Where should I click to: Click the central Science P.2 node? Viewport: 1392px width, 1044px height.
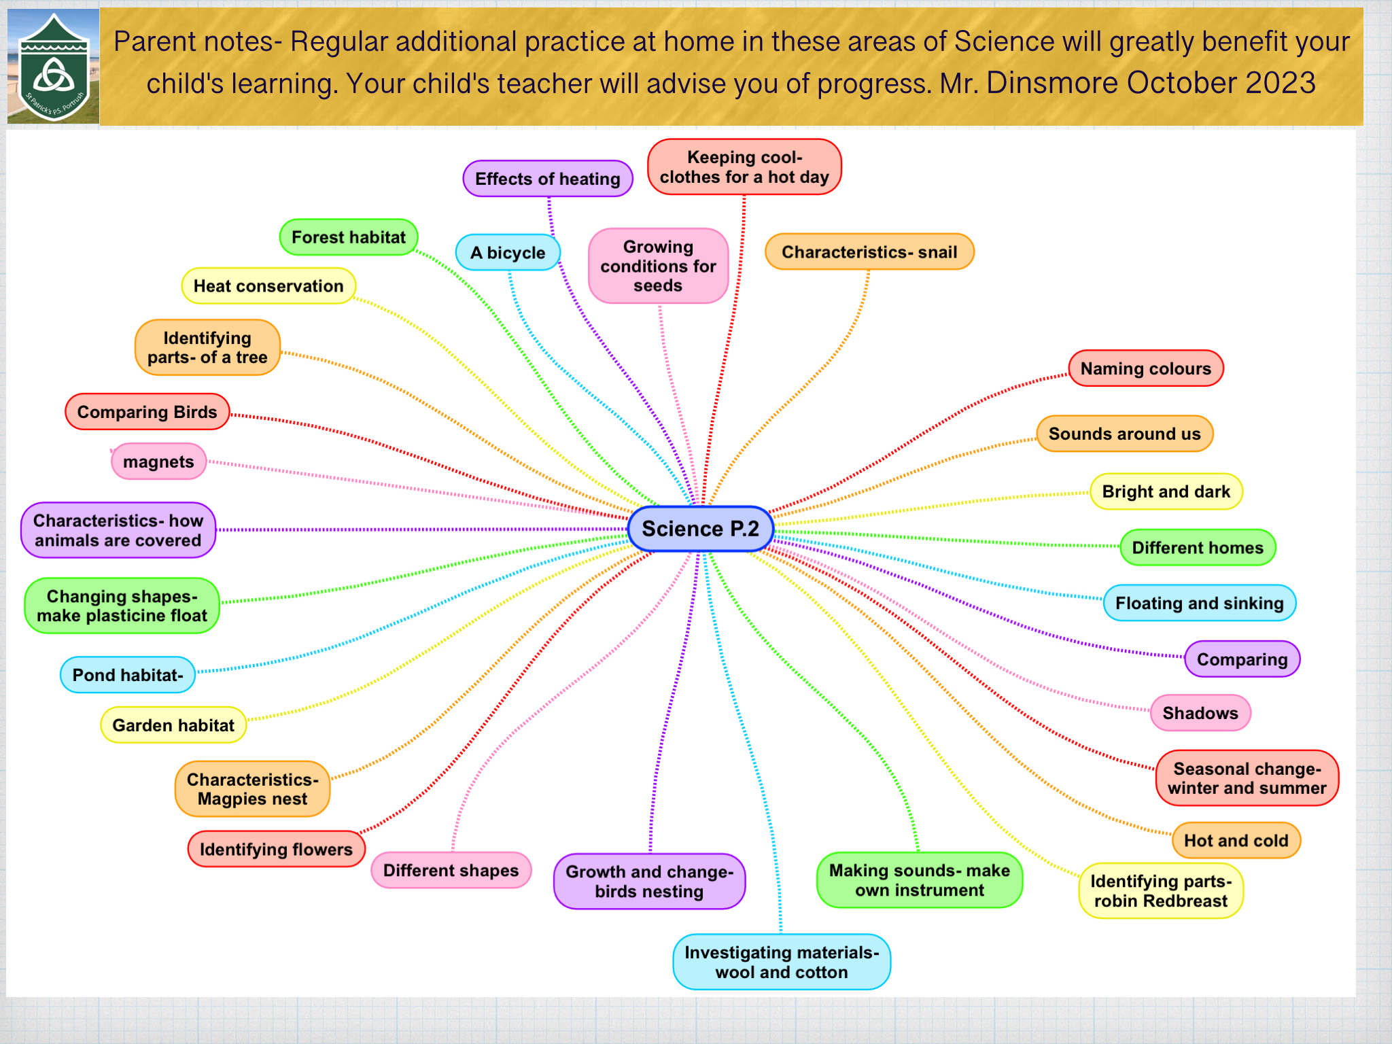(700, 529)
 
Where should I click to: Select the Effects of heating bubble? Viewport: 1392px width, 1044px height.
(548, 179)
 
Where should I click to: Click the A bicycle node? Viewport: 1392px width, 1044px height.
(508, 253)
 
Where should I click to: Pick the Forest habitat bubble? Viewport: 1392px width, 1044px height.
(349, 237)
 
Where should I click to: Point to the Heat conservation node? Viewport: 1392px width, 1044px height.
(268, 286)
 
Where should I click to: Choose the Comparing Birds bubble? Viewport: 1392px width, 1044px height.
(147, 412)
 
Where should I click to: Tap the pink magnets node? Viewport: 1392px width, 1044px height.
(158, 462)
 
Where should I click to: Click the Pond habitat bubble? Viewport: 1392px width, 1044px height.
(128, 675)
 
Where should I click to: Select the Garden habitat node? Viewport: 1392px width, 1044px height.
(173, 725)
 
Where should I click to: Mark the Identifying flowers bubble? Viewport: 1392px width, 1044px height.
(276, 849)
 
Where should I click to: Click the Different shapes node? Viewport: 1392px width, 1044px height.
(451, 871)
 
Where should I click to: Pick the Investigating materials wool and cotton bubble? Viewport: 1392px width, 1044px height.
(782, 962)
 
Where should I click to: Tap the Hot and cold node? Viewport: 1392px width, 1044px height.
(1236, 841)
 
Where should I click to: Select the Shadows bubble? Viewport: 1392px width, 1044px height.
(1200, 713)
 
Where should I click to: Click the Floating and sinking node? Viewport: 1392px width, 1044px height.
(1200, 603)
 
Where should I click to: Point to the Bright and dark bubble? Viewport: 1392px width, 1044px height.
(1166, 491)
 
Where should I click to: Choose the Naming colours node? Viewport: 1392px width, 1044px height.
(1146, 368)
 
